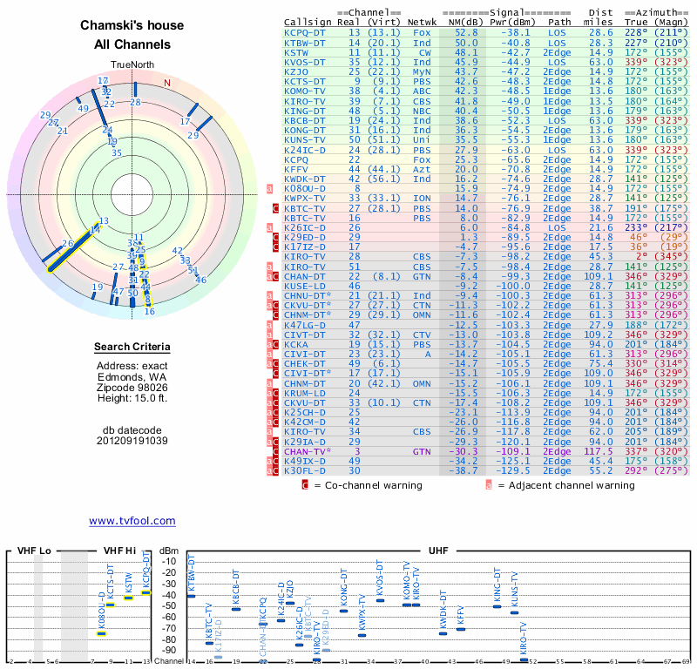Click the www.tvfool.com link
coord(132,521)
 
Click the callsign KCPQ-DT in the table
coord(305,32)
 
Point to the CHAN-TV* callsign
coord(307,451)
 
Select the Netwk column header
coord(423,21)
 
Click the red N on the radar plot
coord(167,83)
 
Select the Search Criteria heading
coord(132,348)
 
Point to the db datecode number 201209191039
coord(132,440)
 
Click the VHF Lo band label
coord(33,551)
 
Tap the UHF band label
coord(438,551)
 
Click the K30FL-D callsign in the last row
coord(305,470)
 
